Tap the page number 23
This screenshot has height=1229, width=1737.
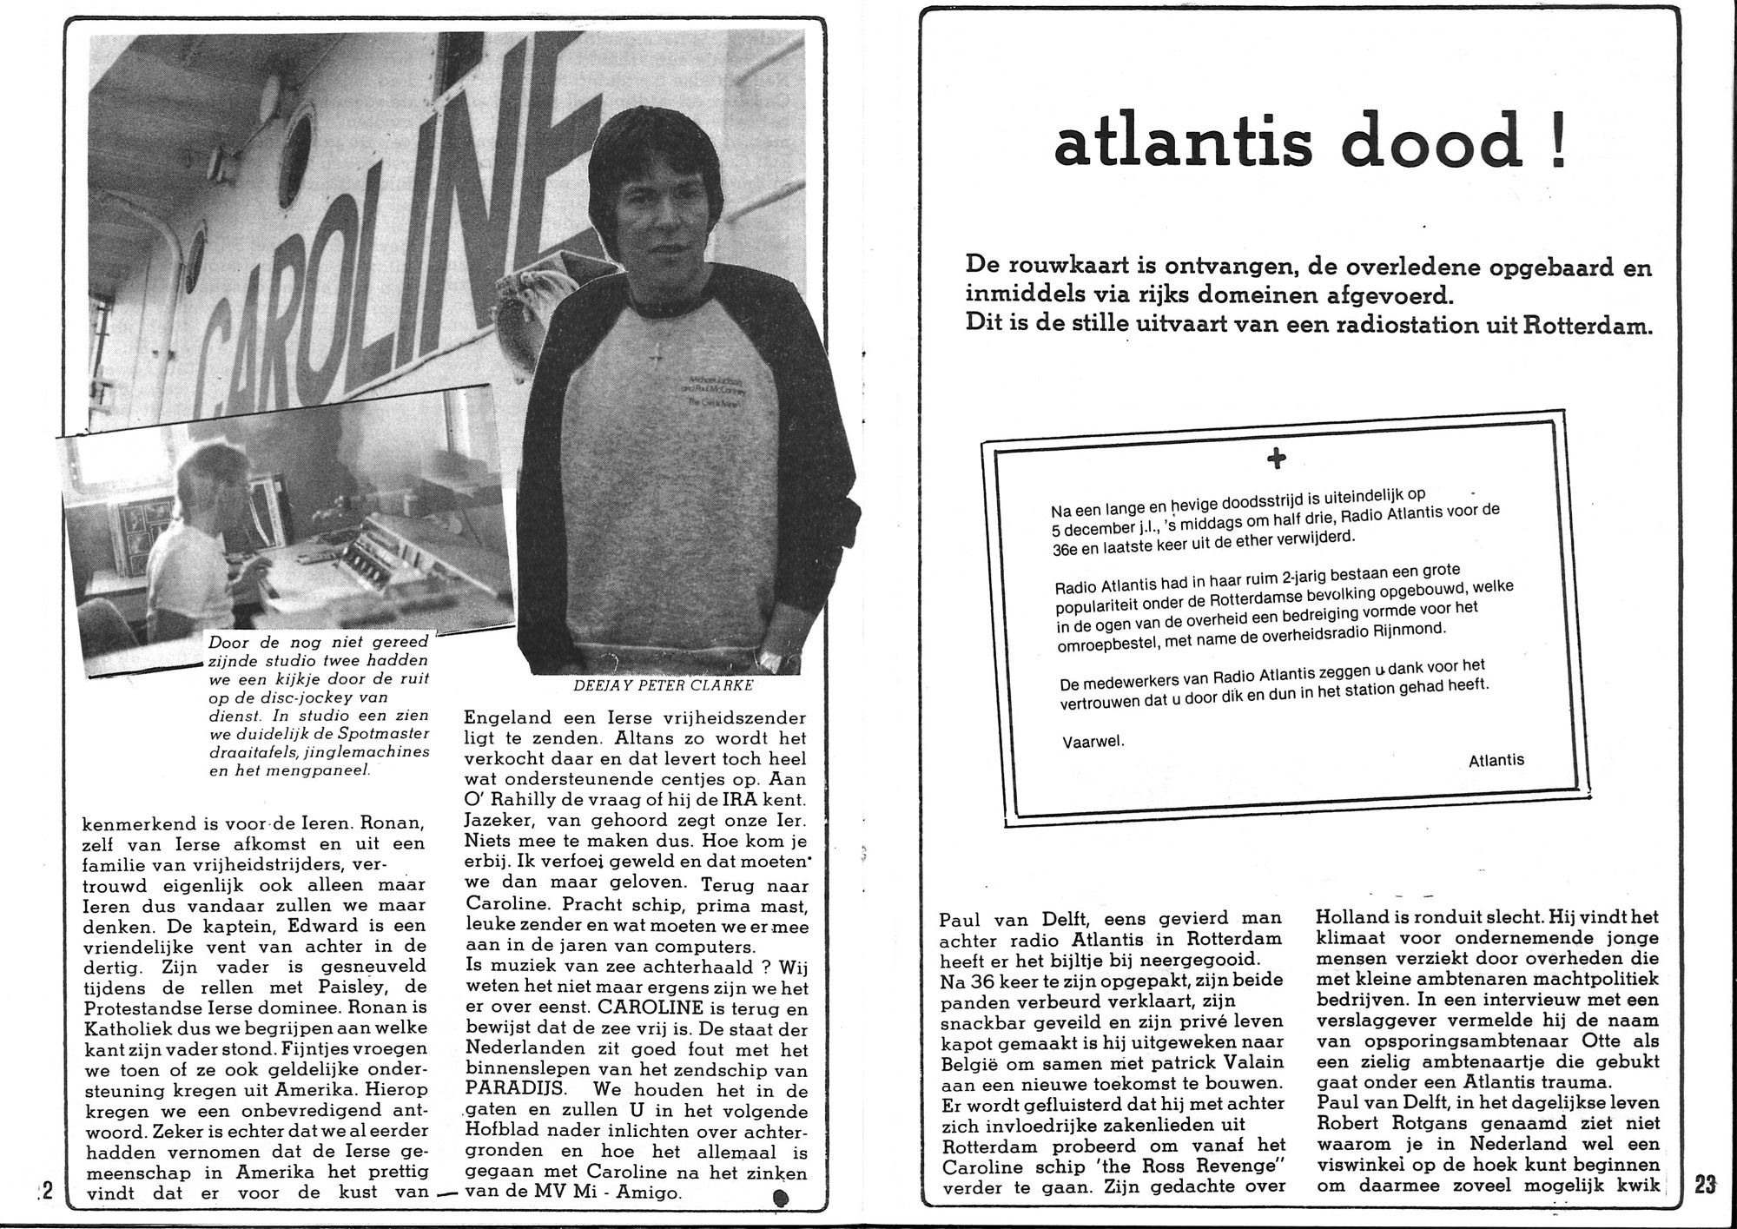1705,1185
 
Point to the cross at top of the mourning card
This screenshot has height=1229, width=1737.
1276,459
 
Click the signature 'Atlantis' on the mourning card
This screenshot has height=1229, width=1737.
1496,760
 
